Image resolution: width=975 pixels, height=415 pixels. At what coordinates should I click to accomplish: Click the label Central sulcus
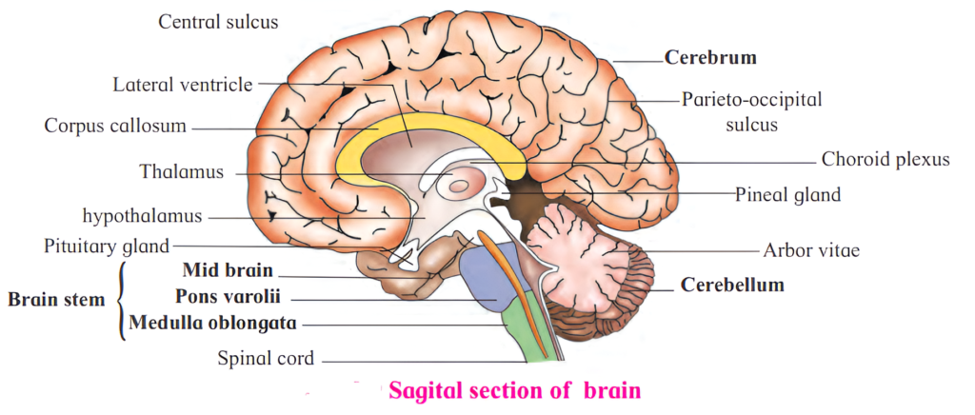coord(218,21)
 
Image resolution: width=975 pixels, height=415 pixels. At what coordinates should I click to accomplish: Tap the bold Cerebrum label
coord(710,57)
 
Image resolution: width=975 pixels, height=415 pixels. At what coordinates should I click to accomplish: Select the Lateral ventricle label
coord(182,86)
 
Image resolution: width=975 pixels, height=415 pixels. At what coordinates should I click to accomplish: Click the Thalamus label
coord(181,172)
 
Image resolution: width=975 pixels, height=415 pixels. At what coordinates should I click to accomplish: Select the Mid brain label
coord(228,270)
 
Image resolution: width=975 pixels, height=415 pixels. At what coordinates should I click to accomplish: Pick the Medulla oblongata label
coord(212,323)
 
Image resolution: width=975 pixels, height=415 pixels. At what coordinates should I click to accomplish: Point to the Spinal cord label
coord(266,359)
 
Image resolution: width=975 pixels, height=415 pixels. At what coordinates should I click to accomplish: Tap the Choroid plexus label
coord(885,159)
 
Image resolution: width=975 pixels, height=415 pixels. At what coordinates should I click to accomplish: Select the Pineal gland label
coord(788,195)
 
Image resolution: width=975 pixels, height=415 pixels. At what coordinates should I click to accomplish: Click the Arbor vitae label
coord(811,251)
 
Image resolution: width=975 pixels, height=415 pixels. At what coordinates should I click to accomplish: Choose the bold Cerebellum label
coord(732,285)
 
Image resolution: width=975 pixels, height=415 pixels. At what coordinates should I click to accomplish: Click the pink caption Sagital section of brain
coord(514,390)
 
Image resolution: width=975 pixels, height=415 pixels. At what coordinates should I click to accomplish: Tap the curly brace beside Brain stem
coord(120,300)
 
